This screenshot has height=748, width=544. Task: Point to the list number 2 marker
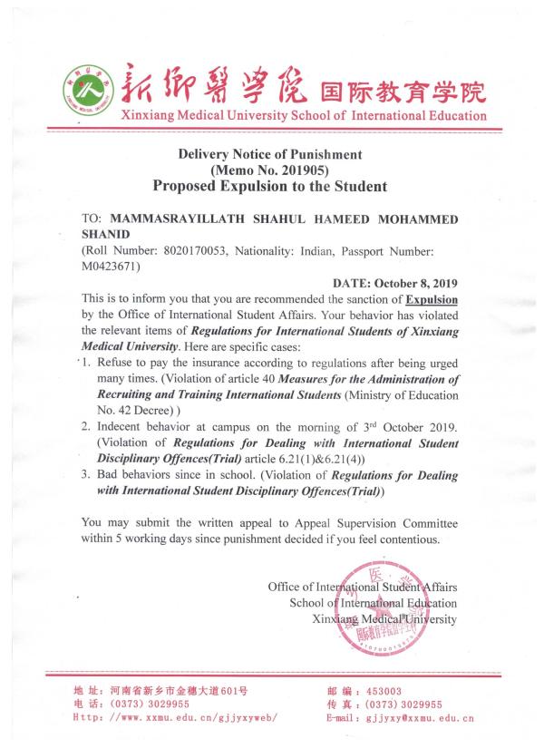[x=85, y=425]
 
